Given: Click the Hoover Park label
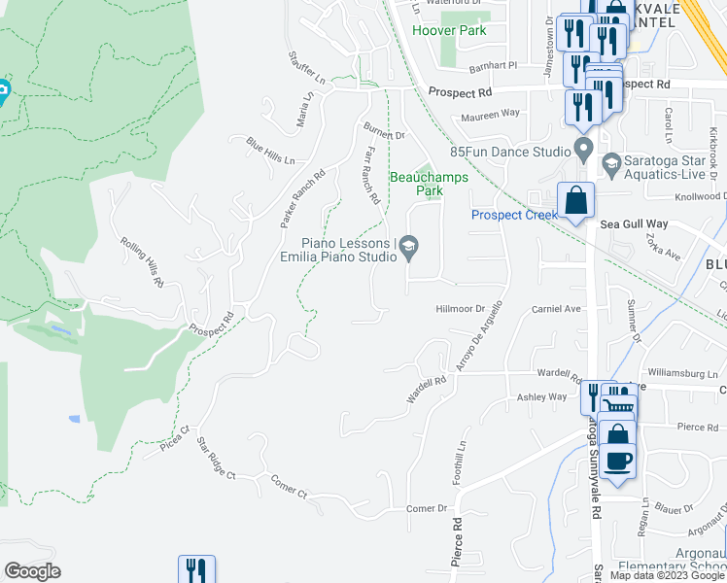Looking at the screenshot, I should click(448, 30).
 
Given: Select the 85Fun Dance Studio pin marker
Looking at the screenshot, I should click(584, 152).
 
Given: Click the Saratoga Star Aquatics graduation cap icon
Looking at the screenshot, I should click(611, 161).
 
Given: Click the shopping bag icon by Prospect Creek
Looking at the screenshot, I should click(575, 200).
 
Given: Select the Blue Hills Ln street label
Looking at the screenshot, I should click(269, 152).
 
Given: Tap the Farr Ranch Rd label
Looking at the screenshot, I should click(372, 175).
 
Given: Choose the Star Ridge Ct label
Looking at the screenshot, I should click(216, 461).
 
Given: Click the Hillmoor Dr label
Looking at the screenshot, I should click(460, 308).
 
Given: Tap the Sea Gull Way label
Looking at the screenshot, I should click(629, 223).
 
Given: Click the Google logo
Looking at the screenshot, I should click(32, 571).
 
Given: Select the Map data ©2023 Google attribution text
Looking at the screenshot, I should click(666, 575).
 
